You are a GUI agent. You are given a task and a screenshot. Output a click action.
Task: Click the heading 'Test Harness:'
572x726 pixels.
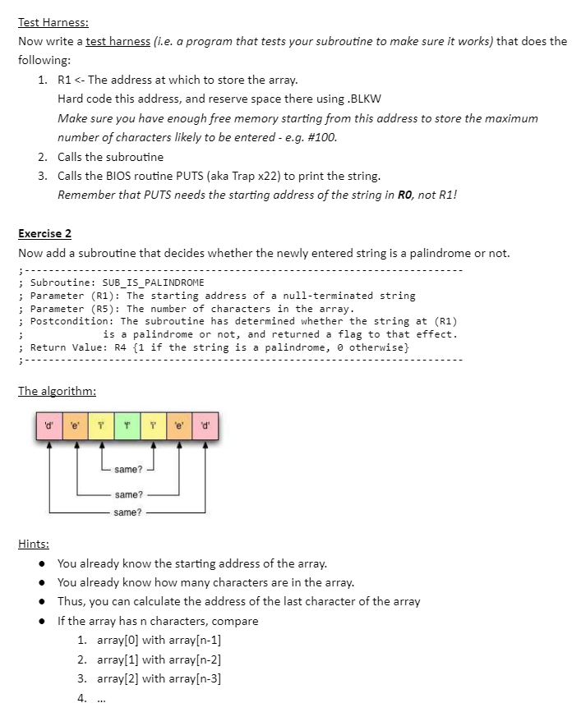[53, 23]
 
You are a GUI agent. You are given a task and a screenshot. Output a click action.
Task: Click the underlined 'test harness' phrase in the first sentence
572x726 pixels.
[118, 42]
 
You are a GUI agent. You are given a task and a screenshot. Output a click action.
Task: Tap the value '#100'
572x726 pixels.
[320, 137]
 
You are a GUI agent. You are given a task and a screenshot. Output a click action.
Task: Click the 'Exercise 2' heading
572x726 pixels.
[44, 234]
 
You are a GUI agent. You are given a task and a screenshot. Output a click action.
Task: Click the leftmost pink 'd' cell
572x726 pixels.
[48, 425]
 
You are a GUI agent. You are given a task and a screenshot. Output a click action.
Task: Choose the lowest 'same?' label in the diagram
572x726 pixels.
[127, 512]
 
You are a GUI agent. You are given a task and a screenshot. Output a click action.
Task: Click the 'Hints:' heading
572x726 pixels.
[34, 544]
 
